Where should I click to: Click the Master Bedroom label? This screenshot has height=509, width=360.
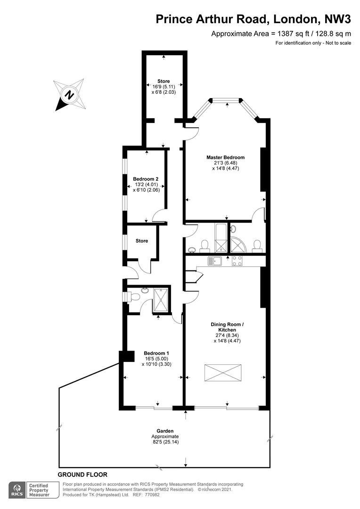coord(226,157)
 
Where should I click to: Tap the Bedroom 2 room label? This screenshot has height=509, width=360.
coord(146,179)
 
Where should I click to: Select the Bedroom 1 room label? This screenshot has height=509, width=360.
coord(156,353)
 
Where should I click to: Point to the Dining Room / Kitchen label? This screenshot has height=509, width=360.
coord(227,327)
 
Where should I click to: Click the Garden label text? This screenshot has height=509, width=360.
coord(165,431)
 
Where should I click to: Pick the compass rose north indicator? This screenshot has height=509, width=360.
coord(69,95)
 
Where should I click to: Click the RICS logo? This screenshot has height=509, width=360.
coord(17,490)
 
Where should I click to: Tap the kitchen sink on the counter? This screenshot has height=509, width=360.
coord(214,261)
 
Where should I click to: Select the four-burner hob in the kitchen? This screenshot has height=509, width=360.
coord(237,261)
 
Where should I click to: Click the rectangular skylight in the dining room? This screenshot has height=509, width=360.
coord(223,373)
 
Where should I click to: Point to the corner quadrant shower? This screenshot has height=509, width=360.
coord(238,244)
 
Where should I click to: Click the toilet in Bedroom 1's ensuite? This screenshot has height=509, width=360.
coord(134,296)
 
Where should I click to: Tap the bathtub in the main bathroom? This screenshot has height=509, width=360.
coord(221,238)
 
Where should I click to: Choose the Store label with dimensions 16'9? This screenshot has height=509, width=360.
coord(164,81)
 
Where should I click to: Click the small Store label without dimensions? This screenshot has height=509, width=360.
coord(142,241)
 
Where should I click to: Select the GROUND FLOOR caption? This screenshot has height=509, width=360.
coord(82,475)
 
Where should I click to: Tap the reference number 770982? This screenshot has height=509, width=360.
coord(152,495)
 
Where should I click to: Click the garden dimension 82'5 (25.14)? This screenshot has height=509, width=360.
coord(165,442)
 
